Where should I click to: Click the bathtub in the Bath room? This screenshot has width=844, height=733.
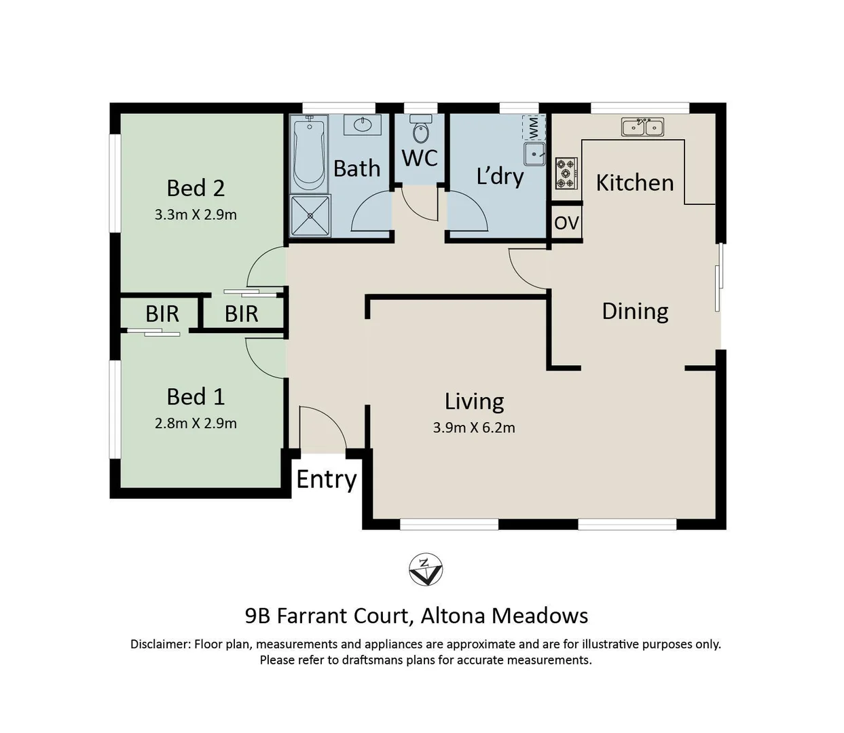click(308, 154)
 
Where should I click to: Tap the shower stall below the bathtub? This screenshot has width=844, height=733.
click(310, 216)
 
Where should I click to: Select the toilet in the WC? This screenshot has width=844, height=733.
click(420, 129)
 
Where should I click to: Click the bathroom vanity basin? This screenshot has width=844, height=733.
click(362, 125)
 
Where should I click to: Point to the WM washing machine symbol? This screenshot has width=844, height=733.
click(534, 128)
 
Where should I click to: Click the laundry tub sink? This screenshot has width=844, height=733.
click(534, 154)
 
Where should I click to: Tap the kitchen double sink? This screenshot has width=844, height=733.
click(642, 126)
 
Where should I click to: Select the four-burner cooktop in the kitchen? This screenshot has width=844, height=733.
click(566, 174)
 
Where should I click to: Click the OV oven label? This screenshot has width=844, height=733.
click(566, 223)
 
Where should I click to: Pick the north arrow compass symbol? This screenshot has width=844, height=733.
click(425, 569)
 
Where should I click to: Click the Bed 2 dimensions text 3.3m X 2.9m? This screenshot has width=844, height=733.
click(196, 214)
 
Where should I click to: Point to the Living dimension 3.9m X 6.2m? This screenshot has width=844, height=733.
click(474, 428)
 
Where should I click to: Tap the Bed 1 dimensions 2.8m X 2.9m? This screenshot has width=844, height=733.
click(196, 424)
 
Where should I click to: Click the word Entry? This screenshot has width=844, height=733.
click(327, 479)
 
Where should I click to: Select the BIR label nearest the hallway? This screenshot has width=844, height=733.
click(241, 314)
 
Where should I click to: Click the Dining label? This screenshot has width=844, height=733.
click(635, 312)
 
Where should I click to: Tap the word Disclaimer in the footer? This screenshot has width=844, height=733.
click(160, 644)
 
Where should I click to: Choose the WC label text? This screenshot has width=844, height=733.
click(420, 157)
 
